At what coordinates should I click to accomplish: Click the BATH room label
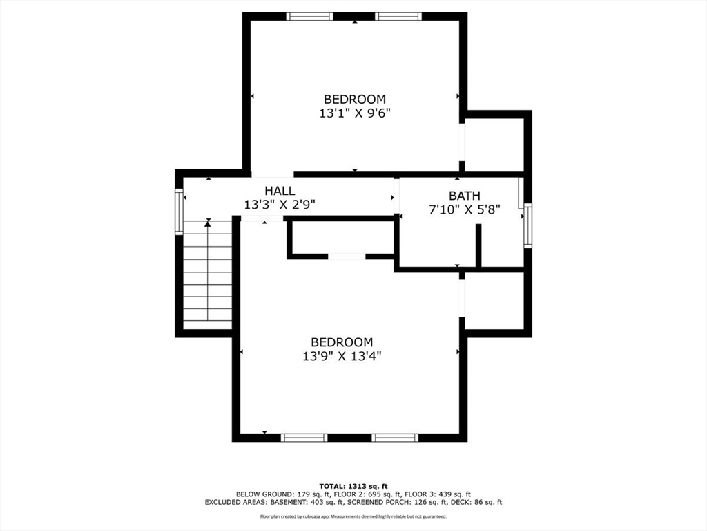coord(464,196)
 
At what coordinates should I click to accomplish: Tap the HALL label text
coord(280,191)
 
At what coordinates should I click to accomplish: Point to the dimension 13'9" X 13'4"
coord(342,356)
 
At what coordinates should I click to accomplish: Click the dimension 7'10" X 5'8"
coord(464,209)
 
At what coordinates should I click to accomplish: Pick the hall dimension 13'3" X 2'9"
coord(280,205)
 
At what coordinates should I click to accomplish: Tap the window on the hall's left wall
coord(179,212)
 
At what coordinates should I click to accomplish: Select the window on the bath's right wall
coord(527,225)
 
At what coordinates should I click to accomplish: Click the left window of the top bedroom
coord(309,17)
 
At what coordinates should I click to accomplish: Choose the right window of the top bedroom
coord(398,17)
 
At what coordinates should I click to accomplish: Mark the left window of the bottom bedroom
coord(304,437)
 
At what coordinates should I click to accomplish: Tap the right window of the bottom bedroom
coord(395,437)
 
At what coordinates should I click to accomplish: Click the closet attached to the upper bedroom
coord(494,144)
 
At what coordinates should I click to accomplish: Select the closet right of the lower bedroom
coord(494,301)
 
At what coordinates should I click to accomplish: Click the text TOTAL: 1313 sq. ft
coord(353,485)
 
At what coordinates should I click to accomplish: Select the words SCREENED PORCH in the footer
coord(380,503)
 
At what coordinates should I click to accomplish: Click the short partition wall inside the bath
coord(478,245)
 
